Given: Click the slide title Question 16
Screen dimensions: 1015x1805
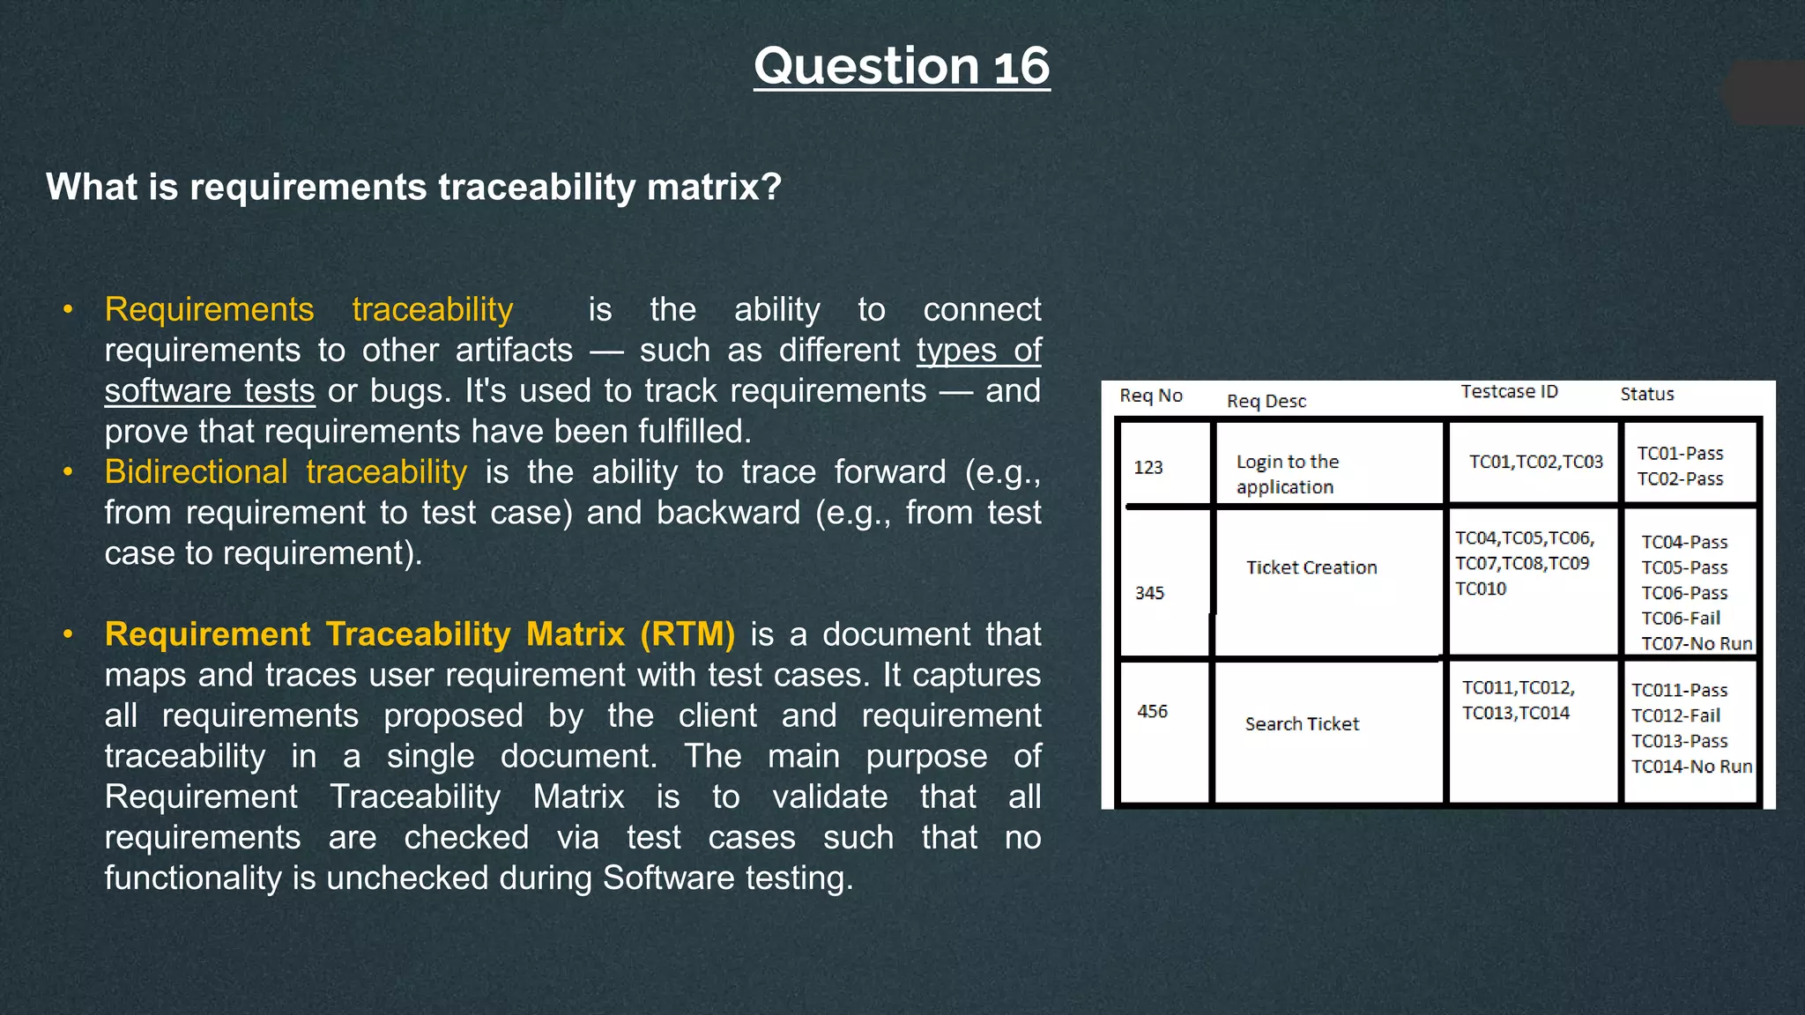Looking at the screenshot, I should pos(902,66).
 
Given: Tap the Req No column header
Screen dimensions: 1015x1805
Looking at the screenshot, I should pos(1150,396).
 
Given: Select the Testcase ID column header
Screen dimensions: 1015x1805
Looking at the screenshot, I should pos(1509,391).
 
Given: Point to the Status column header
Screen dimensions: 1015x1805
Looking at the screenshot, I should pos(1646,394).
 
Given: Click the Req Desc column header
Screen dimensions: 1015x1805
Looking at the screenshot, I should pos(1266,401).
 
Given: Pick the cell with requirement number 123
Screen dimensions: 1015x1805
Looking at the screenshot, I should pos(1148,467).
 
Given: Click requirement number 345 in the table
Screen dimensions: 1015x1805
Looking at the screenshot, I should pos(1149,593).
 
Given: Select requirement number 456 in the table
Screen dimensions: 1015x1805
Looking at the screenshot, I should pos(1152,711).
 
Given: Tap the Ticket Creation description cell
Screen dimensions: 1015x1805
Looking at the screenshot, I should pos(1311,567).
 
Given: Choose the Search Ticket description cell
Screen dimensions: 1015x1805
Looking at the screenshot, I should pos(1302,723).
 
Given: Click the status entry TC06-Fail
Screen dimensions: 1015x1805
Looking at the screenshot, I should pos(1680,618).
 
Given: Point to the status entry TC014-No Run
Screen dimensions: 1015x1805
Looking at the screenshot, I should pos(1691,767).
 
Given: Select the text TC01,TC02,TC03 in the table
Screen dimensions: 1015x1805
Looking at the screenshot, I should pos(1535,462).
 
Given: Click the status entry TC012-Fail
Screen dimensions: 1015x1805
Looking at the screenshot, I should pos(1675,715).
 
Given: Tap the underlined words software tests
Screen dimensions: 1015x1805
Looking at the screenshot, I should pos(210,390).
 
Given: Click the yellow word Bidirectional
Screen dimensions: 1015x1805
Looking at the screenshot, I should pos(196,471).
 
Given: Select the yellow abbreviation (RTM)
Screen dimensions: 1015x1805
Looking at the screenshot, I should pos(687,634).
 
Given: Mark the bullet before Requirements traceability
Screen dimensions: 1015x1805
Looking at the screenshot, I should pos(68,309).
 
